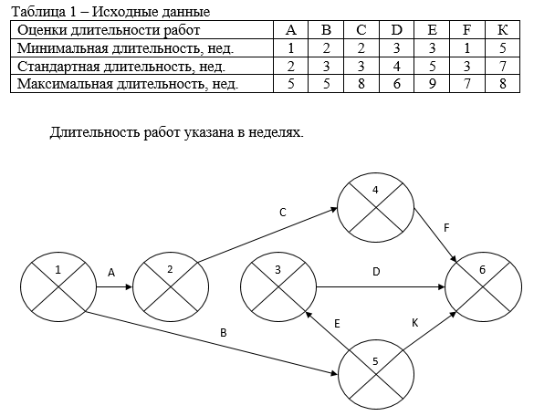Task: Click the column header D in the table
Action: pos(396,30)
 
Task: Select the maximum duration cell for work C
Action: pos(361,83)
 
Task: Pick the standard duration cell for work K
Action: pos(503,66)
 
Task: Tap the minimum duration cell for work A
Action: pos(290,48)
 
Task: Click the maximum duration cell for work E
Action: pos(432,83)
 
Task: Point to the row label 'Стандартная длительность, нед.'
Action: pos(121,66)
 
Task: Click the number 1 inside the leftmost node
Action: pos(58,270)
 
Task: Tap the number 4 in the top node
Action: pos(375,190)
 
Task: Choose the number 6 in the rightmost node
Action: pos(482,270)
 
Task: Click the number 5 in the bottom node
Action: pos(375,361)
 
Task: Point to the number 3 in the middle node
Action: pos(277,270)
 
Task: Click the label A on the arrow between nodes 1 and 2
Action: pos(111,273)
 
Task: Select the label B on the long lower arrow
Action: pos(224,333)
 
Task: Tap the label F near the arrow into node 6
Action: pos(446,228)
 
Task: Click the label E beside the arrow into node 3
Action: pos(337,324)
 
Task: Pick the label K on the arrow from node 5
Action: pos(414,323)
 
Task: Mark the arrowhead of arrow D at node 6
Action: pos(442,287)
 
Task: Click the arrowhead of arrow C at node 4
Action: pos(333,210)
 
